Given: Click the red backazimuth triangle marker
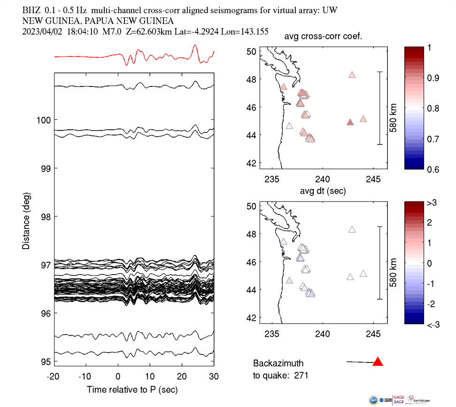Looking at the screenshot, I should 378,362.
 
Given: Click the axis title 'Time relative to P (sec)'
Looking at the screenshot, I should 132,390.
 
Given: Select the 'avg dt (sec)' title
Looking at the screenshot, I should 324,191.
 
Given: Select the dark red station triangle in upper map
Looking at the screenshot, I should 350,122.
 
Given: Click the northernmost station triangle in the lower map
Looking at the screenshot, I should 352,229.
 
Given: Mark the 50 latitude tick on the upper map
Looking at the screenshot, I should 251,51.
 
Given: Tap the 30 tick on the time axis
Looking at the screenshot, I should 214,376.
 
